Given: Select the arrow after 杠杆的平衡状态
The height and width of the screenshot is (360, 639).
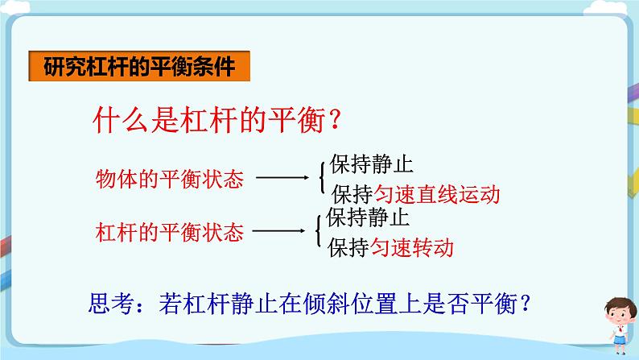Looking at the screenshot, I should (x=278, y=233).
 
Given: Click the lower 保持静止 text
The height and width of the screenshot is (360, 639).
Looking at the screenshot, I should (x=368, y=218).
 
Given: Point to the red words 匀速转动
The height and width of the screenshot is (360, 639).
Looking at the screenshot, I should (x=410, y=247).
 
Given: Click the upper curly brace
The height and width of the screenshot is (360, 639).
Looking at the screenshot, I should (x=322, y=179).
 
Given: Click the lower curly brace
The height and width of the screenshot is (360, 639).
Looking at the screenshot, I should (x=319, y=232).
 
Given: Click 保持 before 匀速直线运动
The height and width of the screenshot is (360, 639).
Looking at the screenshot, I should (x=351, y=194).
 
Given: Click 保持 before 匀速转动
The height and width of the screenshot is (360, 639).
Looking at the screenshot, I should (x=348, y=247).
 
